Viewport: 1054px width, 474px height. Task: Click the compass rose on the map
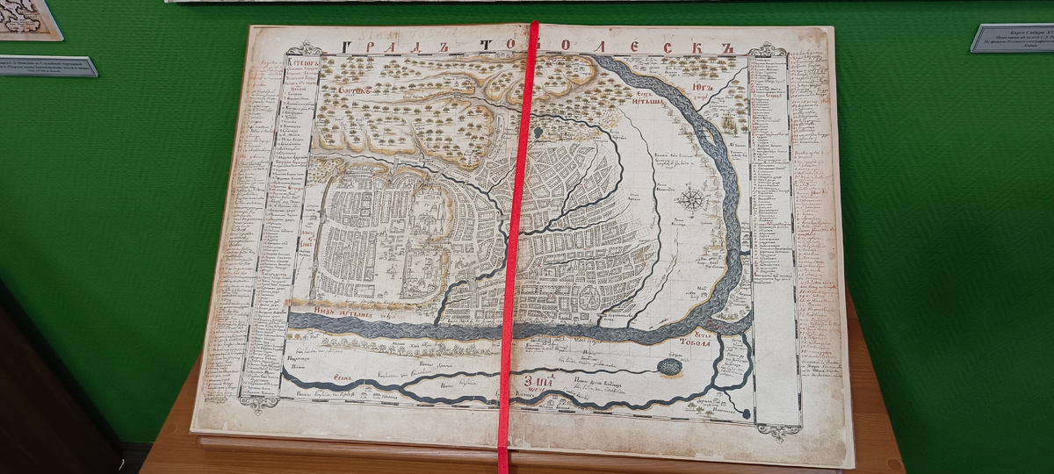(x=692, y=198)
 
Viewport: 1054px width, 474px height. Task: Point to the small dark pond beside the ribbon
(x=538, y=133)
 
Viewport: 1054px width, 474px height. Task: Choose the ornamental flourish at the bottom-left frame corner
(x=258, y=403)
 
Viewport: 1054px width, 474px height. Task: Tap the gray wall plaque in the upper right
(x=1012, y=38)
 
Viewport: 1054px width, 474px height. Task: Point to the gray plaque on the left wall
(x=48, y=66)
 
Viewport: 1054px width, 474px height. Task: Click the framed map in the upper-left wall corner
(x=28, y=19)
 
